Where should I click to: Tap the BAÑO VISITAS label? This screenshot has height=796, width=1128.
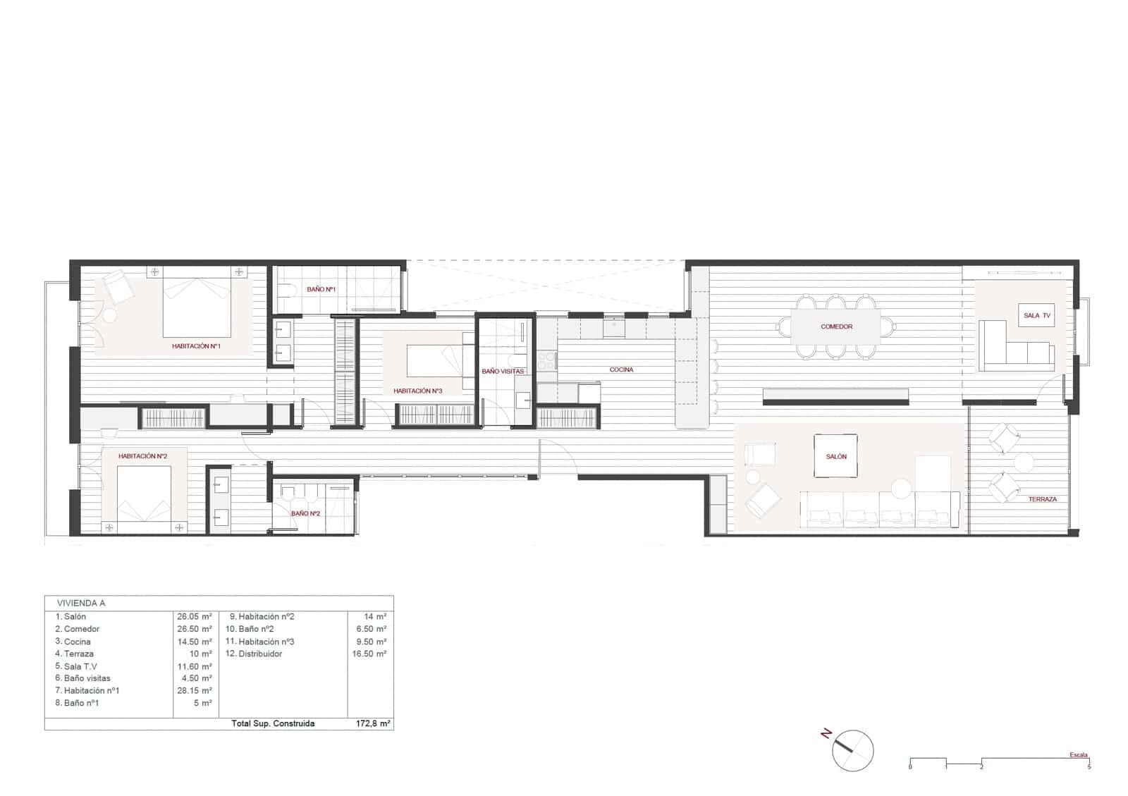pyautogui.click(x=503, y=371)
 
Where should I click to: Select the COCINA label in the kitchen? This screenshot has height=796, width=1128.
pyautogui.click(x=621, y=369)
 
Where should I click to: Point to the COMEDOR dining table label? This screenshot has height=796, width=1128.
pyautogui.click(x=836, y=326)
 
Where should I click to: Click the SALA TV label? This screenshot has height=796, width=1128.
pyautogui.click(x=1036, y=315)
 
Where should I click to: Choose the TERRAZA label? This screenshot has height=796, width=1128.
pyautogui.click(x=1042, y=499)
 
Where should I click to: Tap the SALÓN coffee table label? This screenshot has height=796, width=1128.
pyautogui.click(x=836, y=456)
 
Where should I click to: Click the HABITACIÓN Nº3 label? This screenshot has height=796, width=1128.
pyautogui.click(x=417, y=391)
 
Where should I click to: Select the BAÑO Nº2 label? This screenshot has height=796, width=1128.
pyautogui.click(x=306, y=513)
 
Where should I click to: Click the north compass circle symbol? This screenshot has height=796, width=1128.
pyautogui.click(x=852, y=750)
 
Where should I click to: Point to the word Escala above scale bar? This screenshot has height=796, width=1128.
pyautogui.click(x=1078, y=754)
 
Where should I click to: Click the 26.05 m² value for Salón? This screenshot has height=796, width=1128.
pyautogui.click(x=195, y=616)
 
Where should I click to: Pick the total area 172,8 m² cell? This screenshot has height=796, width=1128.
pyautogui.click(x=373, y=723)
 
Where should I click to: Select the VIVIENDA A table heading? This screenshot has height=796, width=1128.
pyautogui.click(x=81, y=603)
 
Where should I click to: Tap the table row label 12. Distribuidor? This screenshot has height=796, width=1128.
pyautogui.click(x=254, y=654)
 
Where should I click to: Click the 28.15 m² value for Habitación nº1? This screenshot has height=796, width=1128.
pyautogui.click(x=195, y=690)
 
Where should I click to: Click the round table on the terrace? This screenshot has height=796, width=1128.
pyautogui.click(x=1023, y=463)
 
